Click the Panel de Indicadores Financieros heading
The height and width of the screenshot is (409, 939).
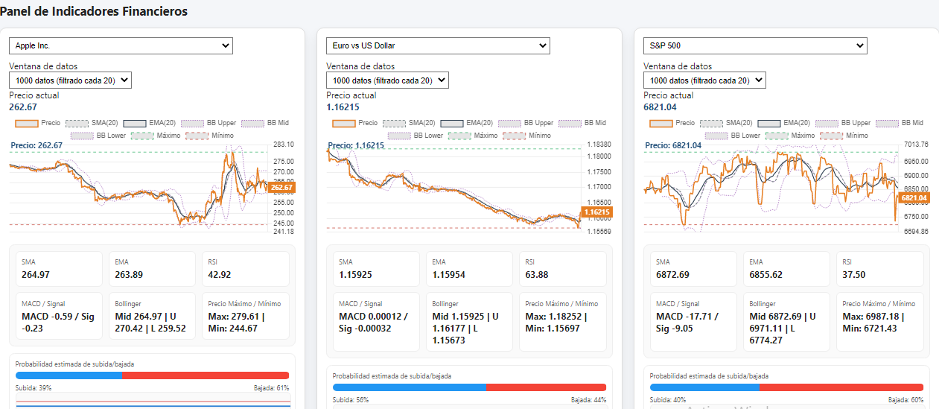pyautogui.click(x=94, y=11)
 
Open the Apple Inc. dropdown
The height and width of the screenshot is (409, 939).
pyautogui.click(x=121, y=46)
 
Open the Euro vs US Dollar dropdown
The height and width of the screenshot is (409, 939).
pyautogui.click(x=438, y=46)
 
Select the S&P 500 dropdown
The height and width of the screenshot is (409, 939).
pyautogui.click(x=755, y=46)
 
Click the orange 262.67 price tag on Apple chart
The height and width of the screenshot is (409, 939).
pyautogui.click(x=281, y=188)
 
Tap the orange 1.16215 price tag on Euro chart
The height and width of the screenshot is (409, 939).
pyautogui.click(x=597, y=212)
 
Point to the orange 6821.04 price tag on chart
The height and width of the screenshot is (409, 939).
pyautogui.click(x=914, y=198)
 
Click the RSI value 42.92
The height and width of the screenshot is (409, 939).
pyautogui.click(x=220, y=275)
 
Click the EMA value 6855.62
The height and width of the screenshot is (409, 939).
pyautogui.click(x=777, y=275)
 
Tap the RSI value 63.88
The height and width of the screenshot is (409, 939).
pyautogui.click(x=538, y=275)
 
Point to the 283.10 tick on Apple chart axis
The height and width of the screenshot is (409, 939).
pyautogui.click(x=284, y=145)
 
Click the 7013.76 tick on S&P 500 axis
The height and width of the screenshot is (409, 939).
pyautogui.click(x=916, y=145)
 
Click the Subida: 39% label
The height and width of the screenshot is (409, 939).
pyautogui.click(x=34, y=388)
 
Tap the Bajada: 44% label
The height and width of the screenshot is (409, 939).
pyautogui.click(x=588, y=400)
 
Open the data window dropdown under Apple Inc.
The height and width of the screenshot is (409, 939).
pyautogui.click(x=70, y=80)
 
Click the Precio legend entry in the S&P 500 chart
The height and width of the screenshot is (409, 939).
pyautogui.click(x=671, y=123)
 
